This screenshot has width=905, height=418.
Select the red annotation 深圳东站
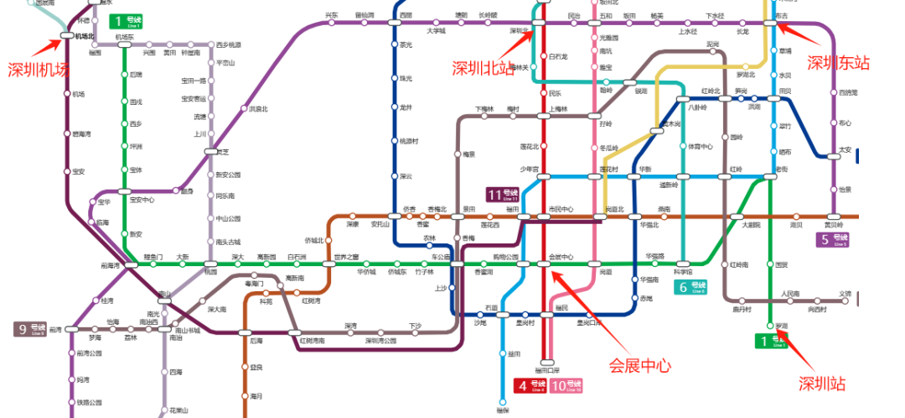(838, 62)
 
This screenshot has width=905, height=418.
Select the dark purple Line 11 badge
(509, 195)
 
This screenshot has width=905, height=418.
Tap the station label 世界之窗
(346, 256)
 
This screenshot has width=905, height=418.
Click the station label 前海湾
(111, 265)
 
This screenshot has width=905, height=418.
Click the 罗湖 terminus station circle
(769, 326)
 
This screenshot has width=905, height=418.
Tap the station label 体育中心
(700, 147)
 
